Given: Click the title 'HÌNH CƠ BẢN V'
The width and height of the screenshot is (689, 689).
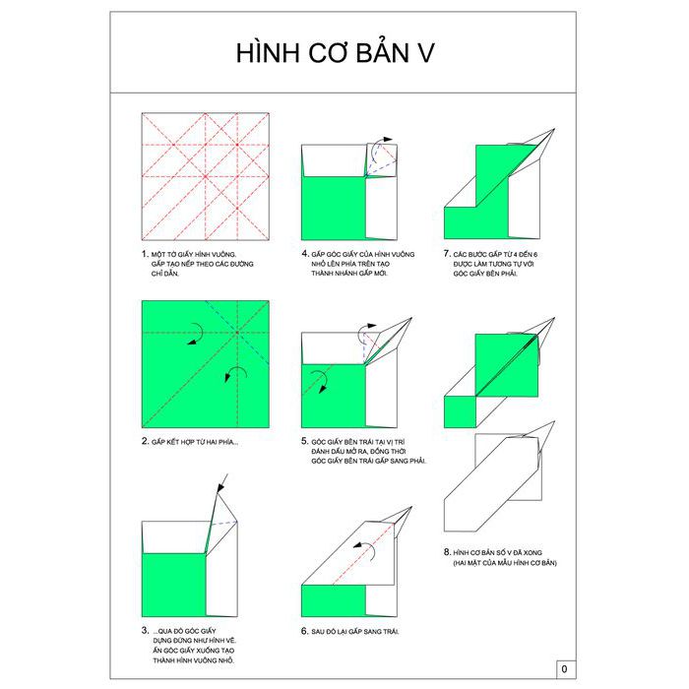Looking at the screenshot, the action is coord(336,52).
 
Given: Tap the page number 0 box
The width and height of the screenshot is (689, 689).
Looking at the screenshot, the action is coord(566,669).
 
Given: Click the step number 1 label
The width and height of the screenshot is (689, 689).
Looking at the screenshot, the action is coord(145,254).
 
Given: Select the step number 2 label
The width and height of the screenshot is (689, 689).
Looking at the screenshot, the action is coord(145,441).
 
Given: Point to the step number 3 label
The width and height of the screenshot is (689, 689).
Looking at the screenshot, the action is coord(145,630).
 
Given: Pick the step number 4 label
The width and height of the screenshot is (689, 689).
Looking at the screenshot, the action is coord(305,254).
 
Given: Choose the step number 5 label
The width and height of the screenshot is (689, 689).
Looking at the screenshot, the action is coord(305,441).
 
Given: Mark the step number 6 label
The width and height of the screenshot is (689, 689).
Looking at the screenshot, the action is coord(305,631).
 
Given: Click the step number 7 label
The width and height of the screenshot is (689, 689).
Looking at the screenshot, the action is coord(447,254).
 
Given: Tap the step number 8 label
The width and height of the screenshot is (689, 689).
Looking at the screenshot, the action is coord(447,552).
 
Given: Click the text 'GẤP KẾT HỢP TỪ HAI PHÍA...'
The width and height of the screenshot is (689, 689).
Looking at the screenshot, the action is coord(195,442).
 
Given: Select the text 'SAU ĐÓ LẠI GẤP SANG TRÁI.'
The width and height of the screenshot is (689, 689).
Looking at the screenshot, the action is coord(355,632).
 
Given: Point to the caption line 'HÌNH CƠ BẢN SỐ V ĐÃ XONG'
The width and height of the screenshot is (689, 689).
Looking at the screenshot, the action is coord(497,553).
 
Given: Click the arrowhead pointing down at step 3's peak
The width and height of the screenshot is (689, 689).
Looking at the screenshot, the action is coord(220,488).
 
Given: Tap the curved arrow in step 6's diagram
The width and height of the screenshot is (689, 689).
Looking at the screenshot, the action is coord(365,550).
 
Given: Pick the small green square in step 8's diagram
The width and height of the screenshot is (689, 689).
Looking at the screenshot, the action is coord(460,412).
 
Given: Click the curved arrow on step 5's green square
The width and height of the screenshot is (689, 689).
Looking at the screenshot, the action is coord(320,381).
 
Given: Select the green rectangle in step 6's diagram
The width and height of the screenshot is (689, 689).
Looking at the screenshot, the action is coord(334,600).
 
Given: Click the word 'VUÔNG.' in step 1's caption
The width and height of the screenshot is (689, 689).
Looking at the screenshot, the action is coord(224,254).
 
